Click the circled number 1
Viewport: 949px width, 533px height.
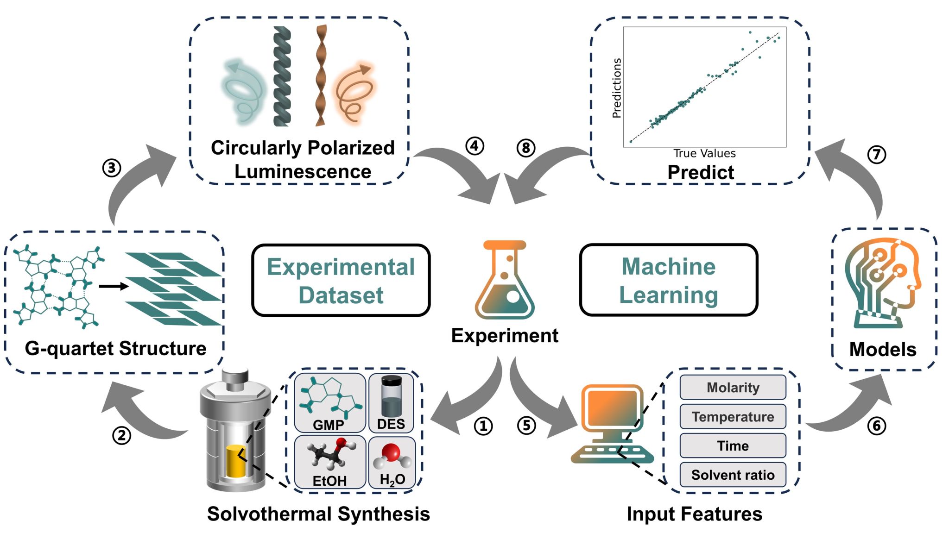coord(483,426)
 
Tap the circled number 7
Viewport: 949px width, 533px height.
coord(876,154)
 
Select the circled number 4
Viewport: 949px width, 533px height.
coord(474,146)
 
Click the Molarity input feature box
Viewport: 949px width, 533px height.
coord(733,387)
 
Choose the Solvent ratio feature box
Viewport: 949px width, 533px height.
coord(733,475)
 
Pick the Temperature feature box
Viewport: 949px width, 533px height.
coord(733,416)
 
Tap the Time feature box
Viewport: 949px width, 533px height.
coord(733,445)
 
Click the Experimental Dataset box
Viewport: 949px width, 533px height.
coord(341,281)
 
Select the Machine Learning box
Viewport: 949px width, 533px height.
coord(668,280)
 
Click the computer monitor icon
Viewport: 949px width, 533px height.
coord(611,410)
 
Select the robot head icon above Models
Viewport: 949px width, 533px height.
coord(882,282)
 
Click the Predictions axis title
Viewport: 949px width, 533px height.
coord(616,88)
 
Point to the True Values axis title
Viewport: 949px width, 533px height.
coord(704,153)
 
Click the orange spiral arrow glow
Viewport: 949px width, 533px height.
coord(354,93)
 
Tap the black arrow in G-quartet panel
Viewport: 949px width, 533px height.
coord(114,287)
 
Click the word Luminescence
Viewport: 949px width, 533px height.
coord(303,172)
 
